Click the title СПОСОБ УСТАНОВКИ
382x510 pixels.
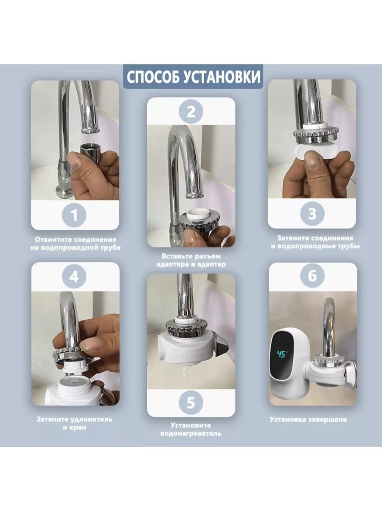coord(194,77)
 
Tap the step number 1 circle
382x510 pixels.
coord(74,215)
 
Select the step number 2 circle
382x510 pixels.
coord(191,112)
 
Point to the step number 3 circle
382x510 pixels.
coord(312,213)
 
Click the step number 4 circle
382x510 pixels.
coord(74,277)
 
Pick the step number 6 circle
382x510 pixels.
coord(312,275)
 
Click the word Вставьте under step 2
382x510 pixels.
coord(177,256)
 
